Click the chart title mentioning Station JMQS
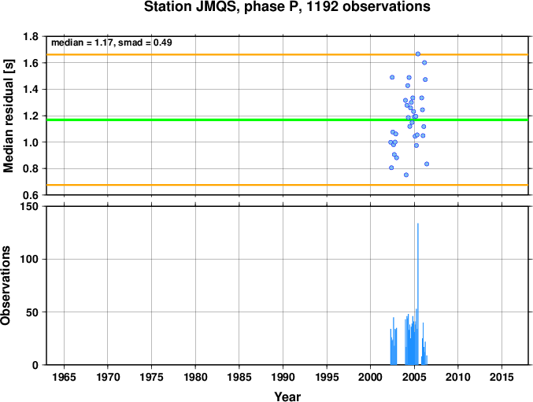(287, 6)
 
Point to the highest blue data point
(418, 54)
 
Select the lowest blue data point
(406, 175)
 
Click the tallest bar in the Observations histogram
(418, 294)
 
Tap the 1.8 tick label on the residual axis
(31, 36)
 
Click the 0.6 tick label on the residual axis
(31, 195)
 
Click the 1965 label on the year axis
(64, 377)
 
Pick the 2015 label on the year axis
(502, 377)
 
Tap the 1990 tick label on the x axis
(283, 377)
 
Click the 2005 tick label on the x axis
(414, 377)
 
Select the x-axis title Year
(287, 396)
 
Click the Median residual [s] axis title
(8, 116)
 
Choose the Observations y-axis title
(6, 286)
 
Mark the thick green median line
(287, 120)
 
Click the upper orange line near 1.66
(287, 54)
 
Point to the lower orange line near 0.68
(287, 185)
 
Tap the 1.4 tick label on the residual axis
(31, 90)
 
